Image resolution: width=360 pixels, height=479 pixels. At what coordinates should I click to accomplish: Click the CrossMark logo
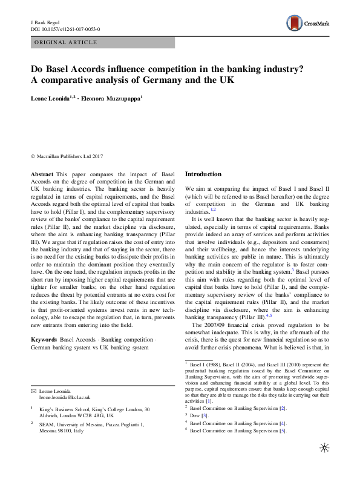click(x=308, y=24)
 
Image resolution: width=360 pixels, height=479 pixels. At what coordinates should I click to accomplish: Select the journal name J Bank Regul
click(x=44, y=21)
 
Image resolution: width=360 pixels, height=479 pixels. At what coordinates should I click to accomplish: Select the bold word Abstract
click(x=42, y=174)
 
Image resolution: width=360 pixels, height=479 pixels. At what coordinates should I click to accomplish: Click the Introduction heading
click(x=203, y=174)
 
